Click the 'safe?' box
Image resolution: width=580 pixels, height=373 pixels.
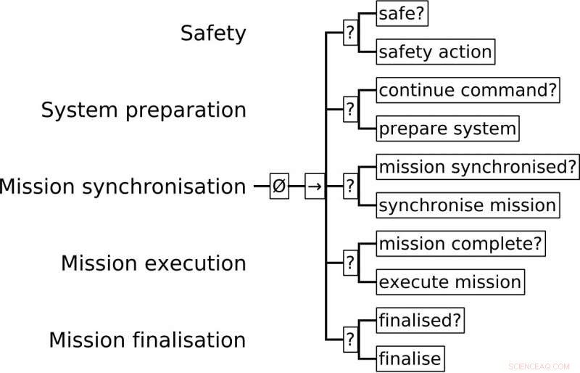(402, 13)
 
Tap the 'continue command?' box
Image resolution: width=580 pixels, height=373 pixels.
(468, 91)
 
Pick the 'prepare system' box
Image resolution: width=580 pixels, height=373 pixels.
(448, 129)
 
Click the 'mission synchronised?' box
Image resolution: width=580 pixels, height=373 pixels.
(478, 168)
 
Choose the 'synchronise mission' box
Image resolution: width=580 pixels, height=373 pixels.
(468, 205)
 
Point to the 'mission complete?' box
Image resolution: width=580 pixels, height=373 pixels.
(461, 244)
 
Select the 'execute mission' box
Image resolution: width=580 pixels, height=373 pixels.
(450, 282)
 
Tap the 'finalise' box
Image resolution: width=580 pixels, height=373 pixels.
(410, 358)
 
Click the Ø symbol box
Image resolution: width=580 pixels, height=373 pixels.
(279, 186)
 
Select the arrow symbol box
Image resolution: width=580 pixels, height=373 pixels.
(314, 186)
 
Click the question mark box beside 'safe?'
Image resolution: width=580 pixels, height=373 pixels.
(350, 33)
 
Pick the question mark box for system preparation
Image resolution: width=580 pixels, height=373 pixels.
(350, 110)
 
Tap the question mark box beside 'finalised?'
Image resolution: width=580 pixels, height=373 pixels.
(350, 340)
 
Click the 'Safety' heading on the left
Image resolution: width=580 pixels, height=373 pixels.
(213, 33)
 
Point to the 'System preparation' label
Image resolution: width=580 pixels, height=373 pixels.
(144, 110)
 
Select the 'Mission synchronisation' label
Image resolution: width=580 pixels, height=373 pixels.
(123, 187)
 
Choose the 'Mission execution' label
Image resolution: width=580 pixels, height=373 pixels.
(154, 263)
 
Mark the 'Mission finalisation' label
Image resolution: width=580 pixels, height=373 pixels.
(148, 340)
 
